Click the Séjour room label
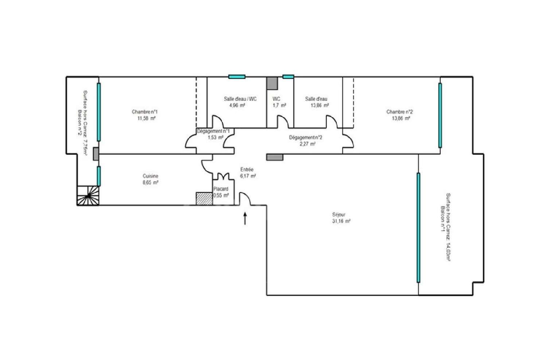(339, 215)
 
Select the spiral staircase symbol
(88, 196)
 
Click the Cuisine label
(151, 176)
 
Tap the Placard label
(221, 189)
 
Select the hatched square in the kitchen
(204, 199)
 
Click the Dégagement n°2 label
(305, 137)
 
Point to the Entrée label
(247, 169)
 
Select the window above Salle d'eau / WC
(236, 77)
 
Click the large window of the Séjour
(418, 228)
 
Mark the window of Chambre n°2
(440, 115)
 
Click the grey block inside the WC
(272, 83)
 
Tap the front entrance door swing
(244, 199)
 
